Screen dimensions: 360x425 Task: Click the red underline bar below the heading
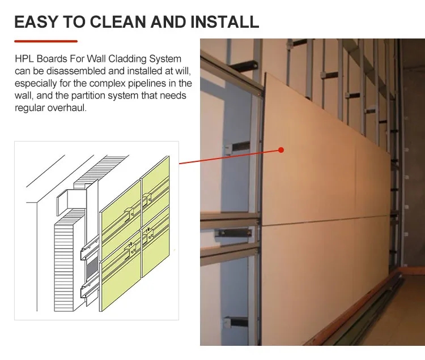[45, 41]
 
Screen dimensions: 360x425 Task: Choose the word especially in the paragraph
[33, 84]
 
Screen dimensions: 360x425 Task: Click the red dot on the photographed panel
[280, 150]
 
